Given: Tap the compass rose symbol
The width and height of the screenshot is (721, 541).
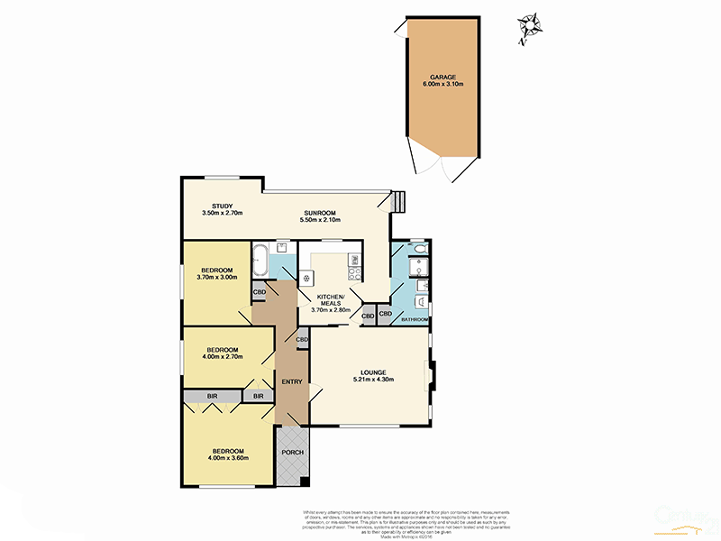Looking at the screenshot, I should [530, 28].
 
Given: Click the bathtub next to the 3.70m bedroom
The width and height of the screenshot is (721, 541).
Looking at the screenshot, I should [259, 260].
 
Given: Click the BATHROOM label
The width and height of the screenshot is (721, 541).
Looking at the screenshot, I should [415, 320].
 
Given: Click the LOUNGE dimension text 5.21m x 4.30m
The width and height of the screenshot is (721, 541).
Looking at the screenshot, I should [370, 381].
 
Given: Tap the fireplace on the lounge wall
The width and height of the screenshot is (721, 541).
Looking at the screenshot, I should [431, 376].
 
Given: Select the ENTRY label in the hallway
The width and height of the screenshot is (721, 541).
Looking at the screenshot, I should [291, 382].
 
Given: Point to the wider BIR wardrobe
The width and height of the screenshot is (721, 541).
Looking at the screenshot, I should [212, 396].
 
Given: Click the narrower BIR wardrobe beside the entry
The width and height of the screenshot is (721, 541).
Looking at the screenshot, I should [258, 396].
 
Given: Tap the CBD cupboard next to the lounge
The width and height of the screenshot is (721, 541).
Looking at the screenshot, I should [302, 339].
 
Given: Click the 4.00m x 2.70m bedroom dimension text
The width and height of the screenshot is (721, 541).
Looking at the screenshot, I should [222, 357].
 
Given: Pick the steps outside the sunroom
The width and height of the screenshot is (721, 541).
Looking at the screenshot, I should [397, 201].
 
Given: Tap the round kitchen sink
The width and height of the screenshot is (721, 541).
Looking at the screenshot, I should [306, 278].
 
